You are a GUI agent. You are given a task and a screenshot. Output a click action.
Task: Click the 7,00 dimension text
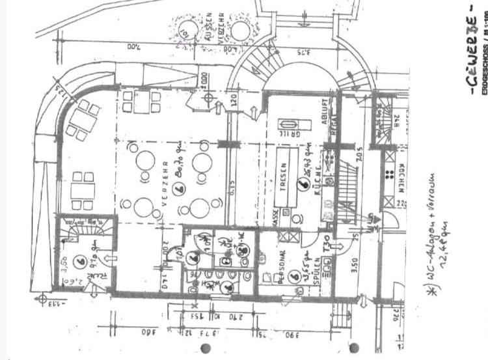[114, 47]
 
